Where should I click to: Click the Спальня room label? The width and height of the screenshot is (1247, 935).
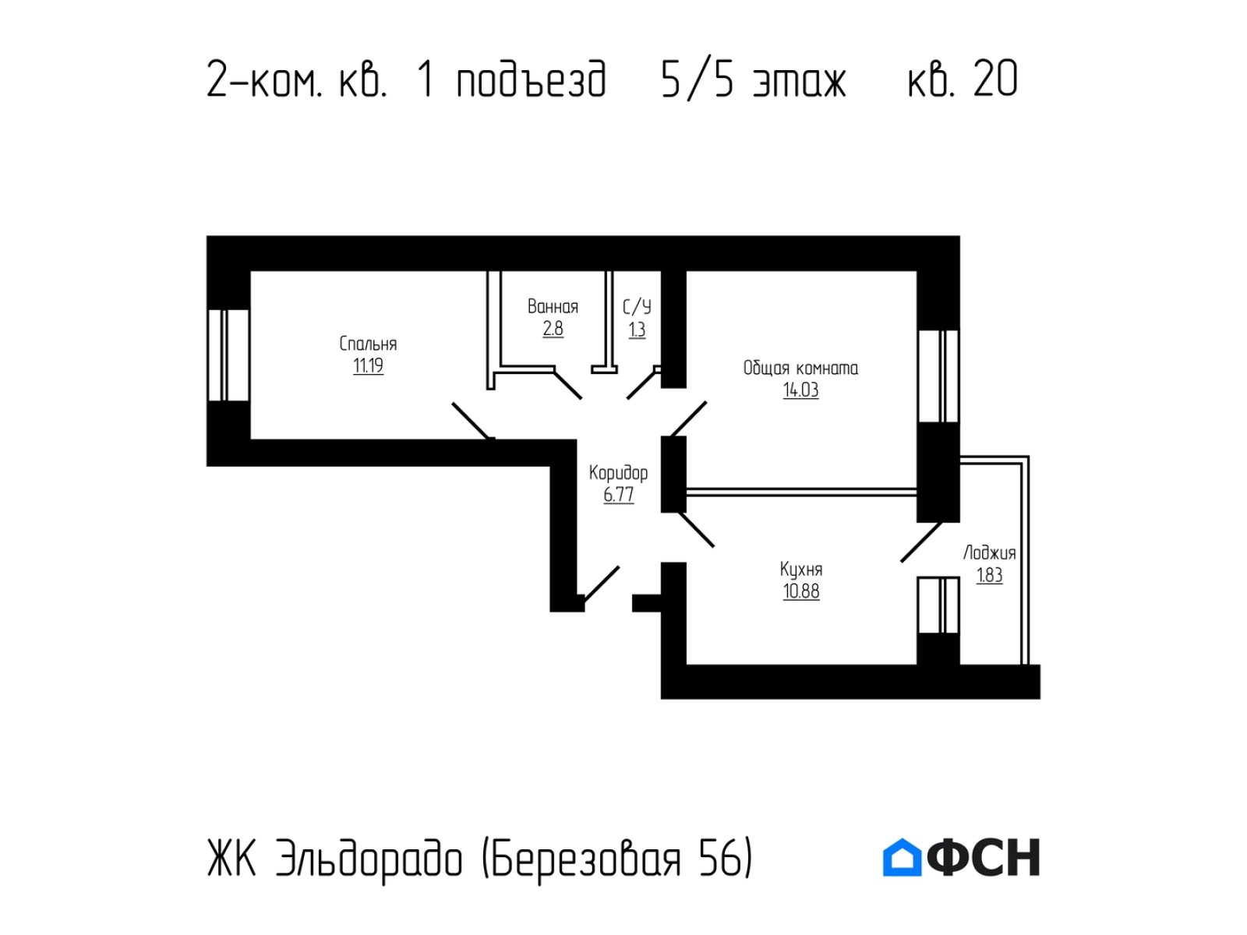[x=368, y=344]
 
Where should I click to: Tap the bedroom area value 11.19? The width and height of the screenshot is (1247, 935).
[x=368, y=365]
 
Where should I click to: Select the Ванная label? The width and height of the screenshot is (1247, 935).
[x=553, y=306]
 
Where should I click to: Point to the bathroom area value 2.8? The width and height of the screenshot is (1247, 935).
[x=553, y=329]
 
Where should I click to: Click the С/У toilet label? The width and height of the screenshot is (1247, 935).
[x=636, y=307]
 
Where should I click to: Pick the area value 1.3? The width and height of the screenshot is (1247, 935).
[x=636, y=330]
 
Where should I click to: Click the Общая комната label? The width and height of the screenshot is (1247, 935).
[x=800, y=369]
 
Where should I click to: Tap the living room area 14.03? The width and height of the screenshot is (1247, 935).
[x=800, y=390]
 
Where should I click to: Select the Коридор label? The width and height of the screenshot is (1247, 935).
[x=618, y=473]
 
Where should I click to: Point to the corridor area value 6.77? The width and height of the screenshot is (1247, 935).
[x=618, y=495]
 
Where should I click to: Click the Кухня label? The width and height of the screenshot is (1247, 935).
[x=800, y=570]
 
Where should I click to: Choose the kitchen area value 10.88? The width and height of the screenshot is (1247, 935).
[x=800, y=591]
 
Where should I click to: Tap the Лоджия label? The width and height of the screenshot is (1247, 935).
[x=989, y=553]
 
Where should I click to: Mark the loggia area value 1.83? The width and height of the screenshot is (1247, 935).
[x=989, y=576]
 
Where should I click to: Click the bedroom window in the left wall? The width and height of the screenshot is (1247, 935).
[x=228, y=355]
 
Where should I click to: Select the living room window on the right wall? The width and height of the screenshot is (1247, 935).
[x=938, y=376]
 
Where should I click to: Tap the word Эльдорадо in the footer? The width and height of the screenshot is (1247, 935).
[x=369, y=859]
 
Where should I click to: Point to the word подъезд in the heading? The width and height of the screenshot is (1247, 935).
[x=532, y=80]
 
